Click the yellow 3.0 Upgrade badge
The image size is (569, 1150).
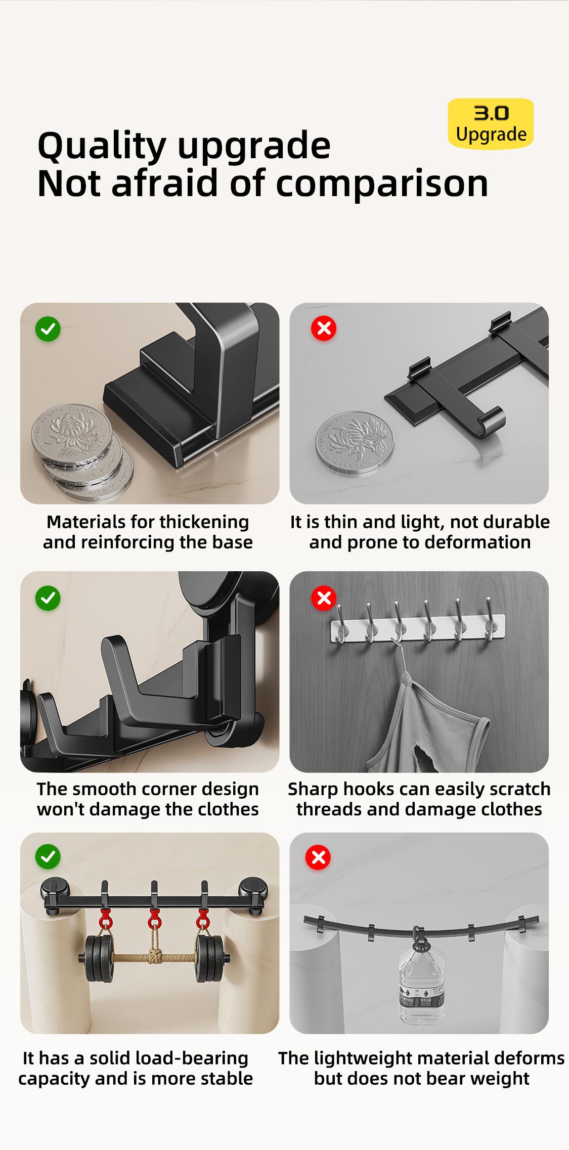tap(491, 124)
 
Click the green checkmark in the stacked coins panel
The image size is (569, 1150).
tap(48, 330)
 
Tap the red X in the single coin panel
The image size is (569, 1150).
tap(324, 329)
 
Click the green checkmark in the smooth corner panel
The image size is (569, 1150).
tap(48, 599)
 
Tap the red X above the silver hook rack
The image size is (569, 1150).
tap(324, 599)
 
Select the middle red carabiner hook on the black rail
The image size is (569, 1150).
tap(154, 916)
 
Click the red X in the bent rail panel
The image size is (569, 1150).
tap(318, 857)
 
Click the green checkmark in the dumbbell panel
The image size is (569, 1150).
tap(48, 857)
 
